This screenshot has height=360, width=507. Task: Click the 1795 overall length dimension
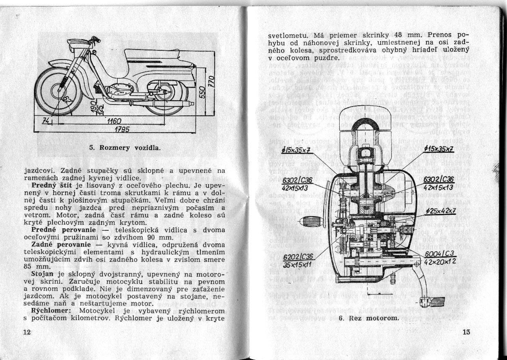[122, 128]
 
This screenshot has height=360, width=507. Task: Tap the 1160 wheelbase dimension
[114, 122]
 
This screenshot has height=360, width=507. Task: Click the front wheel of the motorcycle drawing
[53, 91]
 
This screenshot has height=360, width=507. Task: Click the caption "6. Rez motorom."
[368, 318]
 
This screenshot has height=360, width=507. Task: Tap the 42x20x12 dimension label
[440, 262]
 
